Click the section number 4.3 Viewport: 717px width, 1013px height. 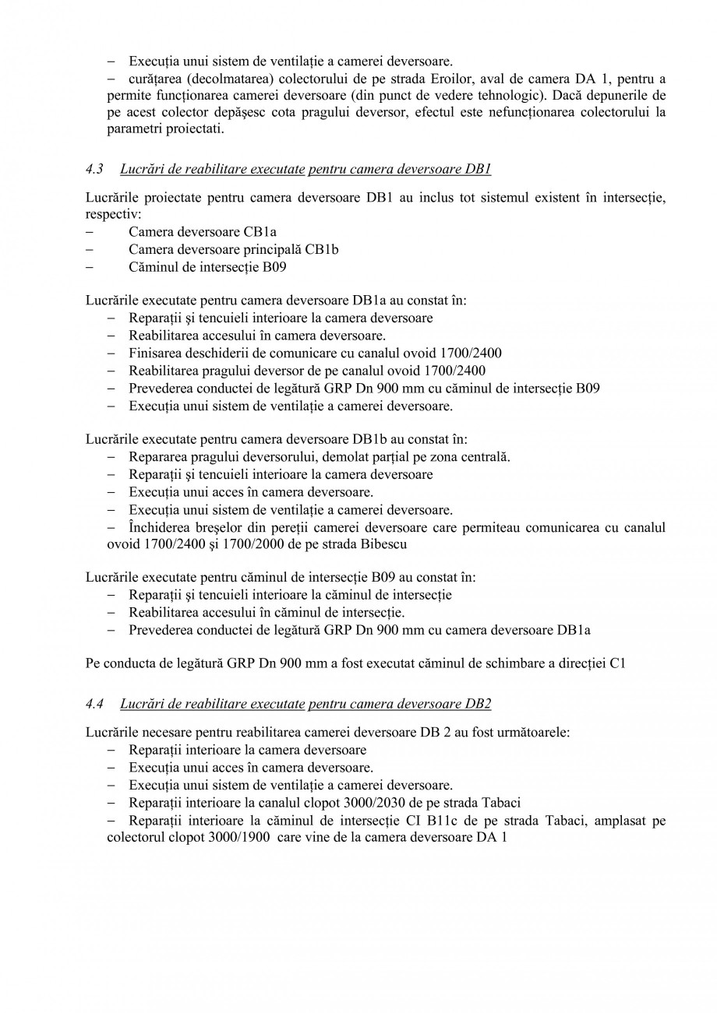[94, 169]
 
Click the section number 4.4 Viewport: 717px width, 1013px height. [94, 704]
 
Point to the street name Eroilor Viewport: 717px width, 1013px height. [454, 79]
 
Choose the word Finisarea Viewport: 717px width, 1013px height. [157, 353]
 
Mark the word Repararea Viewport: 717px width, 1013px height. [157, 457]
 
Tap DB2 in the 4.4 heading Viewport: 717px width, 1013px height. [478, 704]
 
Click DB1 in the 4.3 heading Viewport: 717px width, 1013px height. [478, 169]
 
